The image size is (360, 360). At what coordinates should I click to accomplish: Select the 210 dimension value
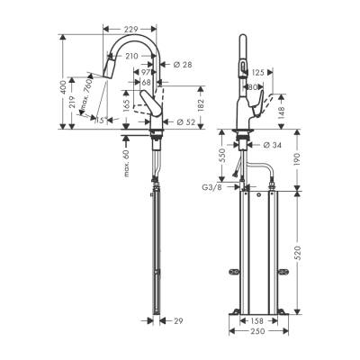138,57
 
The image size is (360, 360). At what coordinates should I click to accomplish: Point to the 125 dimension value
258,72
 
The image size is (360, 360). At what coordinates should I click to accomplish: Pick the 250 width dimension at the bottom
257,332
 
